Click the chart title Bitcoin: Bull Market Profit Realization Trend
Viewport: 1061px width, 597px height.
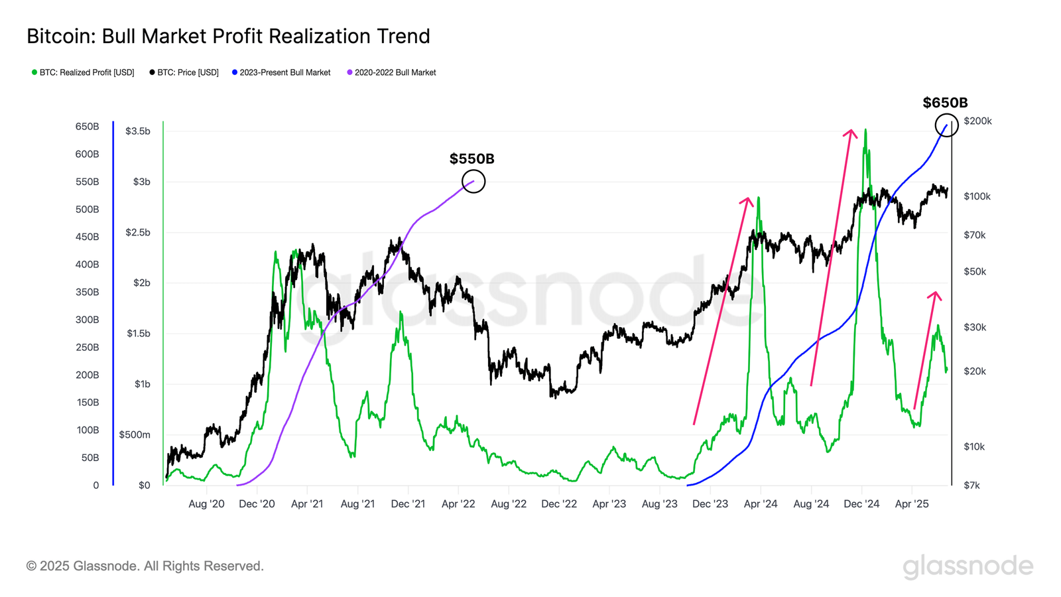click(228, 36)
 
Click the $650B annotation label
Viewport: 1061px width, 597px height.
click(945, 103)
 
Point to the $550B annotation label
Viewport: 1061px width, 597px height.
click(471, 159)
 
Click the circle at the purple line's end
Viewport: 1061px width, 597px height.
click(473, 181)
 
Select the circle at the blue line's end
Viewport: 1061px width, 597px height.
click(946, 125)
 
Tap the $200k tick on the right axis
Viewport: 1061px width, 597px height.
click(977, 121)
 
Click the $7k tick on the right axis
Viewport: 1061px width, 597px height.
click(971, 486)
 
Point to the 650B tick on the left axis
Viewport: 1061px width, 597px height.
click(87, 127)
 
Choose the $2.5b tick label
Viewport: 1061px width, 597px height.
click(137, 232)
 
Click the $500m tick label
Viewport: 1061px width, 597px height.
click(135, 435)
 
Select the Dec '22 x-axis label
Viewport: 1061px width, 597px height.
click(559, 504)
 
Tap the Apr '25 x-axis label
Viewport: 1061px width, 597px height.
click(912, 504)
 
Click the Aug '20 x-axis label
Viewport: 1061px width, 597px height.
click(206, 504)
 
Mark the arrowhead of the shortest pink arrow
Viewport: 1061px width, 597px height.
click(936, 293)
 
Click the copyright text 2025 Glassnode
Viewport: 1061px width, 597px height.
click(145, 566)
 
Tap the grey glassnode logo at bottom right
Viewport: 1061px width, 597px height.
click(967, 566)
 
